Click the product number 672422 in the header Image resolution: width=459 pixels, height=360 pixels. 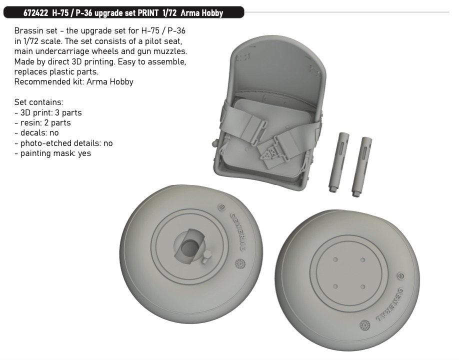pyautogui.click(x=35, y=13)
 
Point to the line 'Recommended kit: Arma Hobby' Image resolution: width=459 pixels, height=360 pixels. pyautogui.click(x=74, y=81)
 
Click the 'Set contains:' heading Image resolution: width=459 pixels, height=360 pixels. pyautogui.click(x=38, y=102)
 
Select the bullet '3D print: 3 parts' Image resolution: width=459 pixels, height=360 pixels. pyautogui.click(x=48, y=112)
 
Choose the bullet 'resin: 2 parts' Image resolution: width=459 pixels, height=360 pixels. pyautogui.click(x=42, y=122)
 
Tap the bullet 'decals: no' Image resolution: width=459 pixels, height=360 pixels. pyautogui.click(x=36, y=133)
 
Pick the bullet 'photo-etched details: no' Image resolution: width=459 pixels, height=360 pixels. pyautogui.click(x=63, y=143)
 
